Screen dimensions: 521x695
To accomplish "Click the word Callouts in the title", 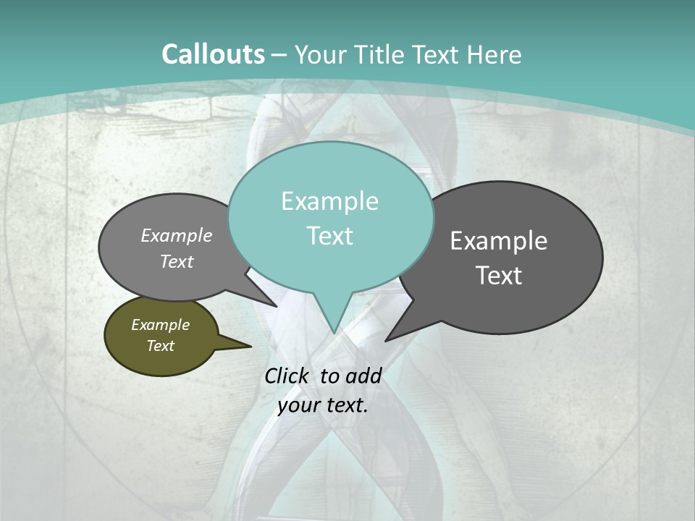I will [213, 54].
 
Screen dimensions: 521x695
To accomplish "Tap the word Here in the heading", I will [494, 55].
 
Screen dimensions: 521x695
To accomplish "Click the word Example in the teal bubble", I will [329, 201].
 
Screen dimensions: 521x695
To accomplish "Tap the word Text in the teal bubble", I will [330, 236].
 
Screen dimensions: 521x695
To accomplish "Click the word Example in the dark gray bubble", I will [499, 241].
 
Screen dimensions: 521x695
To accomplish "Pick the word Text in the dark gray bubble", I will [500, 276].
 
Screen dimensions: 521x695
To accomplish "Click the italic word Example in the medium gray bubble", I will [176, 236].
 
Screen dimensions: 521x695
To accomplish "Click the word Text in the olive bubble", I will [160, 346].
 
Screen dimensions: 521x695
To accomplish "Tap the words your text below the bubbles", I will [323, 405].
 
